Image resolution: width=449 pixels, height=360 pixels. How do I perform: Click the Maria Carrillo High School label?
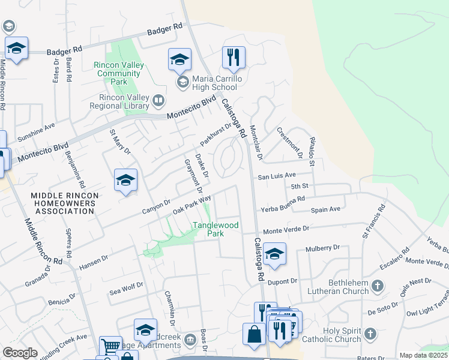tap(214, 83)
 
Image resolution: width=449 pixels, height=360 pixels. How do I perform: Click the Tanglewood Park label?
tap(215, 229)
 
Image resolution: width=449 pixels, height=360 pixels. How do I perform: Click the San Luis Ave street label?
tap(277, 176)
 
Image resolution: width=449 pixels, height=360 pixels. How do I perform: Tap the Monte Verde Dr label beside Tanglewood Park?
tap(286, 229)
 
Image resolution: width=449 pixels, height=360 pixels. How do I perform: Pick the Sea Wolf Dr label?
tap(127, 289)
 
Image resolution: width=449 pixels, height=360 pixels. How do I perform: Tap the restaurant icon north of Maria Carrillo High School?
tap(234, 58)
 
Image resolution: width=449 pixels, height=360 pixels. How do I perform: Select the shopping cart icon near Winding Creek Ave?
tap(110, 345)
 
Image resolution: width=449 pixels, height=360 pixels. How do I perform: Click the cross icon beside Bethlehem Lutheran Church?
tap(378, 285)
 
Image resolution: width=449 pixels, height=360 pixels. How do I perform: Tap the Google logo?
tap(20, 353)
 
